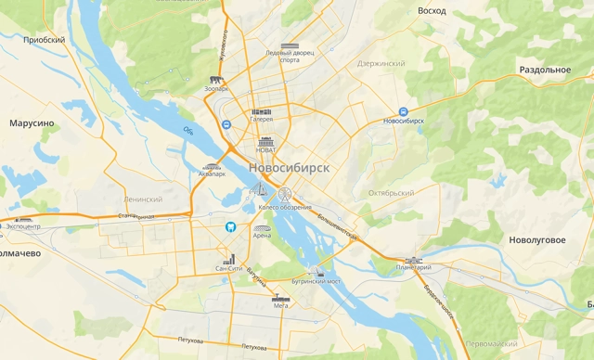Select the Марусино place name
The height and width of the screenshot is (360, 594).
pos(32,122)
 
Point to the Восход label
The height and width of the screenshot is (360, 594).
pos(432,10)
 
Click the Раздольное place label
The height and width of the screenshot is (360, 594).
pos(545,70)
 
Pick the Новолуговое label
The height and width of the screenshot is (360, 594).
pos(537,239)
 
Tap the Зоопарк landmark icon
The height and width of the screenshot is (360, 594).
pos(217,81)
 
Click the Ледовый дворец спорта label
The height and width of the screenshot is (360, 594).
pos(290,57)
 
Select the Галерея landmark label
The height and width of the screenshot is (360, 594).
pos(261,119)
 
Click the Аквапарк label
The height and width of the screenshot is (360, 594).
pos(213,174)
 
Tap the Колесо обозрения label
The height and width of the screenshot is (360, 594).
pos(281,207)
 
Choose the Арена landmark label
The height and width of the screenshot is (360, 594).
pos(263,236)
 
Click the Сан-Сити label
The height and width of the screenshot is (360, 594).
pos(228,268)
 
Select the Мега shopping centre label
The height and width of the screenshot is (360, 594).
pos(280,304)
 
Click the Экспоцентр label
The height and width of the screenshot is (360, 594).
pos(23,225)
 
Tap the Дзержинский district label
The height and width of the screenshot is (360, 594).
pos(381,63)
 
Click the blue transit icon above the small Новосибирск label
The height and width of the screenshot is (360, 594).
pos(403,110)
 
